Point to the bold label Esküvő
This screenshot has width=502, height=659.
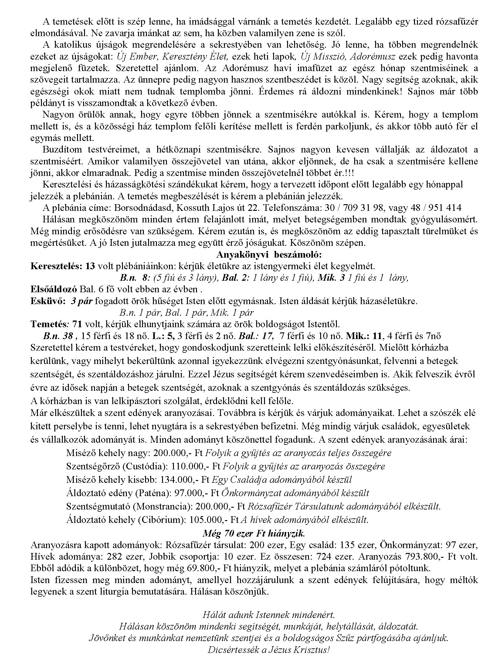pos(48,301)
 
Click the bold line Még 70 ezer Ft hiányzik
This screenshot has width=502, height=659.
pos(254,534)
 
